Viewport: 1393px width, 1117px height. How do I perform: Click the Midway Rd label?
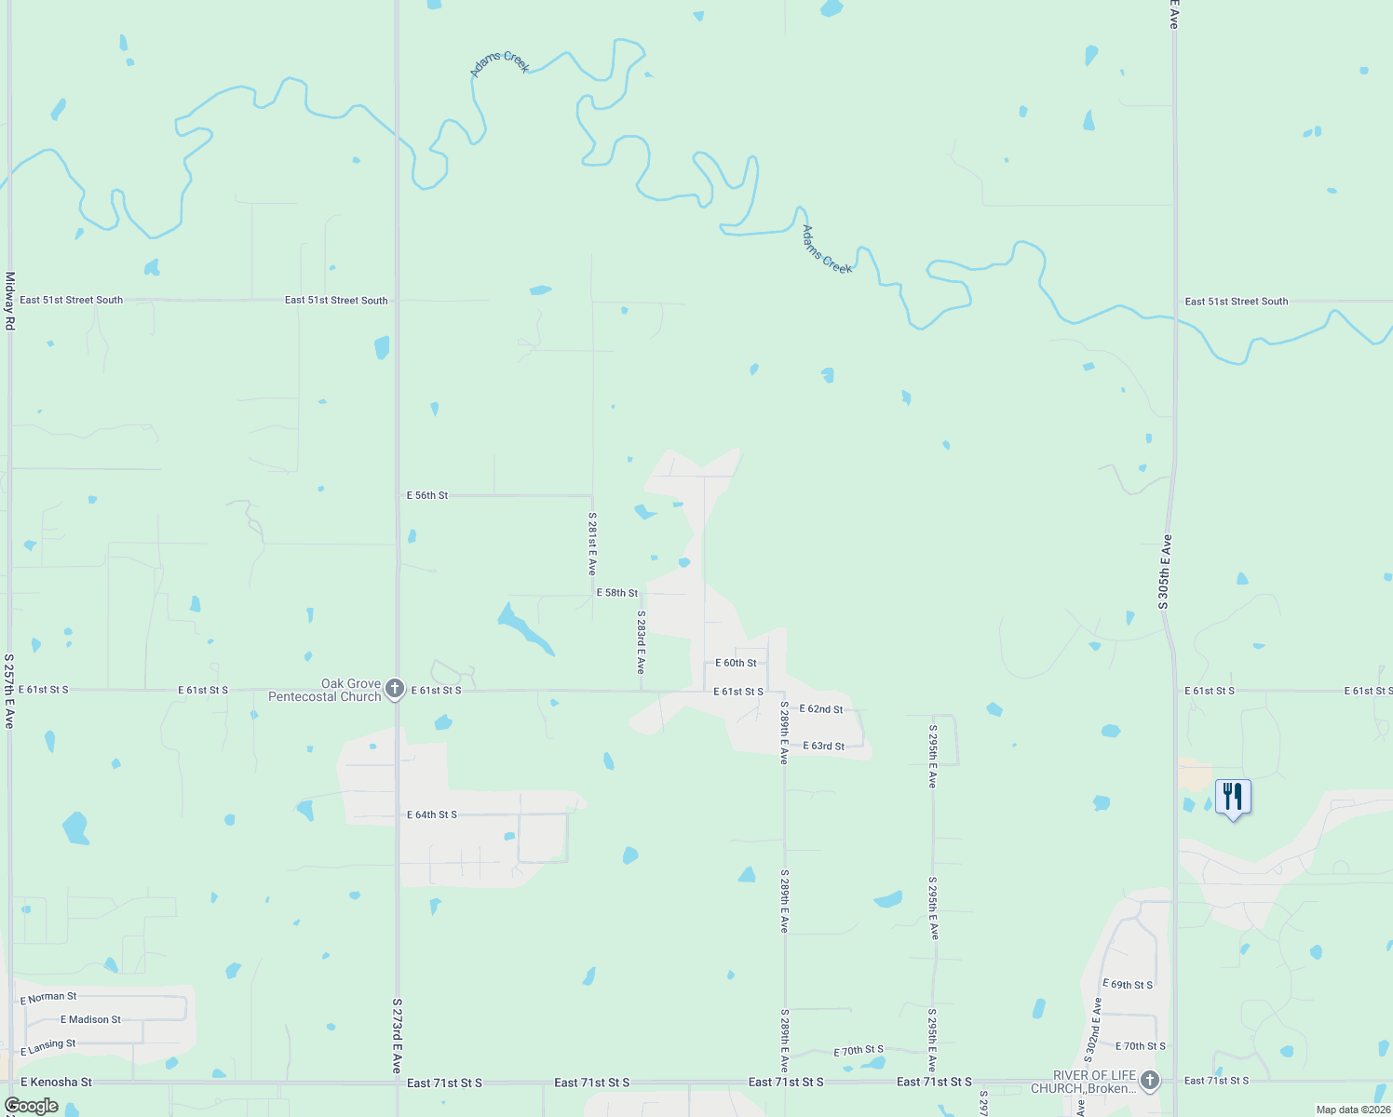(x=10, y=301)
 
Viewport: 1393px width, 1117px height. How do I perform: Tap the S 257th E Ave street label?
(x=9, y=690)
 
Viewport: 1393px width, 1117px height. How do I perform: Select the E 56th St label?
(x=427, y=495)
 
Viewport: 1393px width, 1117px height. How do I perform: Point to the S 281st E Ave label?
(x=592, y=544)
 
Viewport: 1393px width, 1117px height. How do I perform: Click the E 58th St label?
(x=617, y=593)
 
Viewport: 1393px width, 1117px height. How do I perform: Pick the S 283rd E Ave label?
(x=641, y=642)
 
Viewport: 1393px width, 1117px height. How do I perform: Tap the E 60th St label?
(x=736, y=663)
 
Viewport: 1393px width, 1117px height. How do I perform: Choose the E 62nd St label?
(x=821, y=709)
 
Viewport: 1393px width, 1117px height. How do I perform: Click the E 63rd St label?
(x=824, y=746)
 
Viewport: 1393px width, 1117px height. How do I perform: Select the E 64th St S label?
(x=432, y=814)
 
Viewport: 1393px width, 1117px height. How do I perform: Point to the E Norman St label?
(x=48, y=998)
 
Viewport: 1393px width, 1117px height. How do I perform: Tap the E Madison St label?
(x=90, y=1020)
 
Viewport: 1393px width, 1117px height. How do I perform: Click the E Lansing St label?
(x=47, y=1047)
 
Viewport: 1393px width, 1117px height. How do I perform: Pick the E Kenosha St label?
(x=56, y=1082)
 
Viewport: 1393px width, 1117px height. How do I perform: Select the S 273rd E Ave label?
(x=397, y=1036)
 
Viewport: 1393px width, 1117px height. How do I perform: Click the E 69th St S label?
(x=1128, y=984)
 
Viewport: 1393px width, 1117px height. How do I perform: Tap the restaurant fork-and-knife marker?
(x=1233, y=798)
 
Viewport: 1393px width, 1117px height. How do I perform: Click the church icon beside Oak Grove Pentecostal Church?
(x=395, y=689)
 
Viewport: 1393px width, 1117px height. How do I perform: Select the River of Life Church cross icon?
(x=1150, y=1081)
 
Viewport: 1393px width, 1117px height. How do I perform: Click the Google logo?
(x=32, y=1106)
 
